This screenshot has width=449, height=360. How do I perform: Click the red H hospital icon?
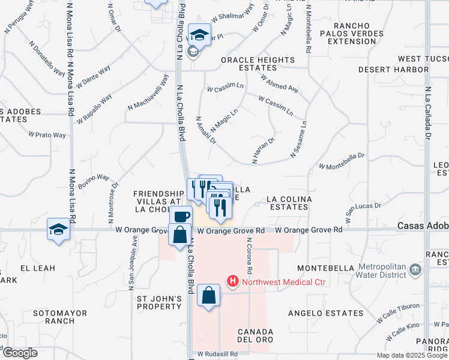(232, 280)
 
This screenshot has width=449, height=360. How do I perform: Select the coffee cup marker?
(181, 217)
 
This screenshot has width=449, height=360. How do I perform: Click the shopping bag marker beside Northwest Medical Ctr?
(208, 295)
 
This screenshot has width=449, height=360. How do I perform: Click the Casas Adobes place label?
(423, 226)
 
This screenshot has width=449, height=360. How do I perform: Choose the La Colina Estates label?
(288, 203)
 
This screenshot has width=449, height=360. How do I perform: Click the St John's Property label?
(159, 303)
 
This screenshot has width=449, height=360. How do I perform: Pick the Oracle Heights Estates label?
(258, 64)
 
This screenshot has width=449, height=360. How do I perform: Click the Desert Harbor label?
(393, 70)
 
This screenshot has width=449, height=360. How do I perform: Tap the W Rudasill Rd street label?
(217, 355)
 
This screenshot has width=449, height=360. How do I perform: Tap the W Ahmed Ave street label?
(279, 83)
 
